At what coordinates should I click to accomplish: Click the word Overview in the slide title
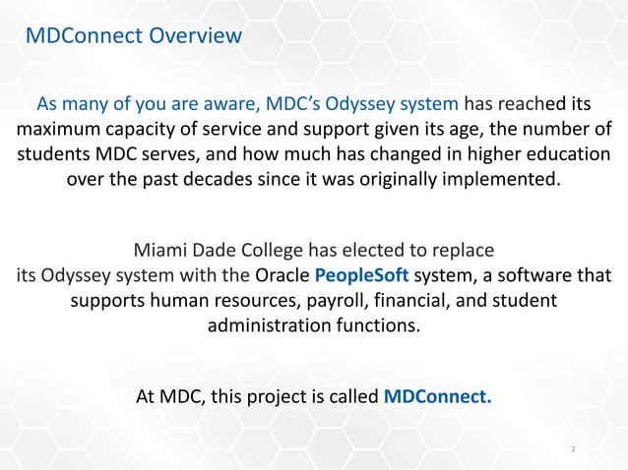[x=195, y=38]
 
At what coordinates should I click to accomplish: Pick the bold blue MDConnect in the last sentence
[x=437, y=398]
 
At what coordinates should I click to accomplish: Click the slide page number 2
[x=574, y=449]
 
